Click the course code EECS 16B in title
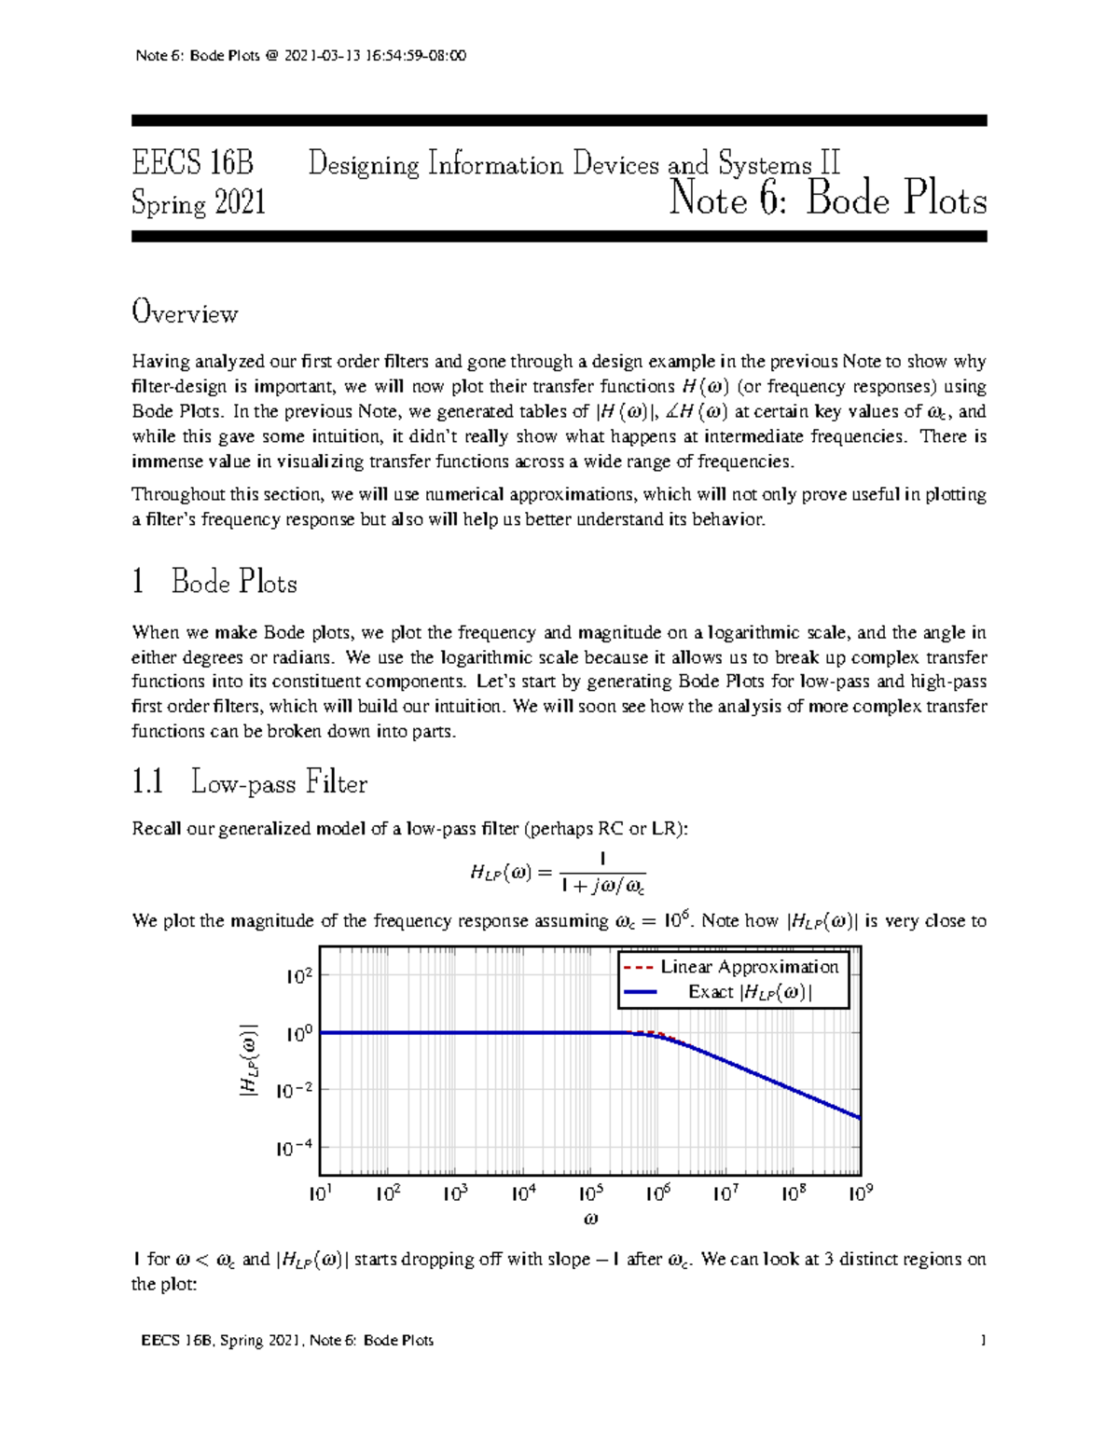click(192, 163)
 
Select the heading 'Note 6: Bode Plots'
click(827, 200)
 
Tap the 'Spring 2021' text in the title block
click(199, 201)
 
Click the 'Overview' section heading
click(185, 312)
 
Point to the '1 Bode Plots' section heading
click(214, 583)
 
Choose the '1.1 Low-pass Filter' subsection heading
click(249, 782)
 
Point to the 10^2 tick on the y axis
click(298, 975)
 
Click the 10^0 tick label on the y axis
click(298, 1033)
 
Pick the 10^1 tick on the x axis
click(321, 1193)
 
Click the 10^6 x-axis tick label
click(658, 1193)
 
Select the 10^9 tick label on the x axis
click(861, 1193)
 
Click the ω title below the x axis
click(590, 1219)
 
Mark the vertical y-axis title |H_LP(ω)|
click(248, 1061)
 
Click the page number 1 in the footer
click(982, 1341)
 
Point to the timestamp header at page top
click(300, 56)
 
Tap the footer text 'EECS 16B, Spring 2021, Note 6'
click(287, 1341)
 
